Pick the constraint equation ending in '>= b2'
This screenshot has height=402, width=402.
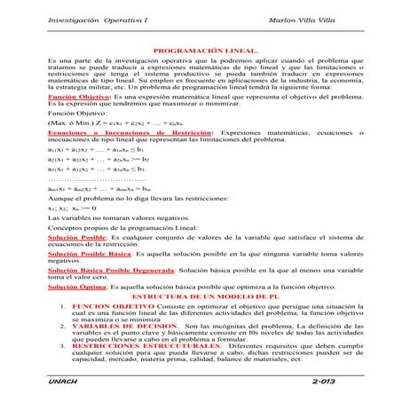point(89,185)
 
